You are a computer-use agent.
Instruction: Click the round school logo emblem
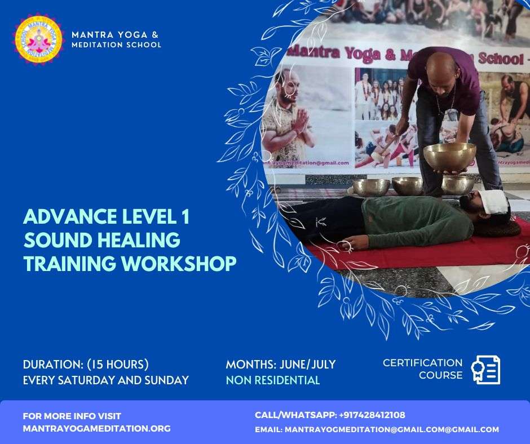point(38,39)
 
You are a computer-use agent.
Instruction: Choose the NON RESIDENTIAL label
point(273,380)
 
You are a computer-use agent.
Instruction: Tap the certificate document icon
point(485,370)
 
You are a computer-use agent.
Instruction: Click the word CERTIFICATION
point(422,363)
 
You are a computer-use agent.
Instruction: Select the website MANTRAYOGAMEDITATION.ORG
point(96,429)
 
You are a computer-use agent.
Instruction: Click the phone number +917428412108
point(372,415)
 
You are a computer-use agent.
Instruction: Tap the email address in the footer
point(391,429)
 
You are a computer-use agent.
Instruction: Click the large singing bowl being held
point(449,157)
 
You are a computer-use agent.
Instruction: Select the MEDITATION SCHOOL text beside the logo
point(116,45)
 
